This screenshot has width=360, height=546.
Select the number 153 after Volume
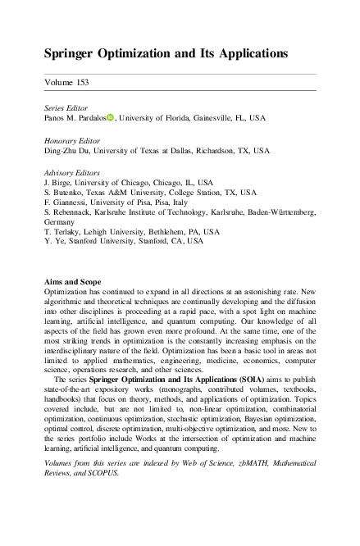pyautogui.click(x=80, y=83)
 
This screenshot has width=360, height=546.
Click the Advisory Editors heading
pyautogui.click(x=71, y=173)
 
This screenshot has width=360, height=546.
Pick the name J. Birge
pyautogui.click(x=59, y=183)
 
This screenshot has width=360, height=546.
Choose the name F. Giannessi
pyautogui.click(x=66, y=202)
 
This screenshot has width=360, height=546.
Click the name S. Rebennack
pyautogui.click(x=69, y=212)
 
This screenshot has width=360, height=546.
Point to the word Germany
pyautogui.click(x=60, y=221)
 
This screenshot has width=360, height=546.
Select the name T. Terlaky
pyautogui.click(x=64, y=231)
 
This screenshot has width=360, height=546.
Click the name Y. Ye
pyautogui.click(x=54, y=241)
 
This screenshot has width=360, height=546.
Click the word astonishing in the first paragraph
pyautogui.click(x=267, y=292)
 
